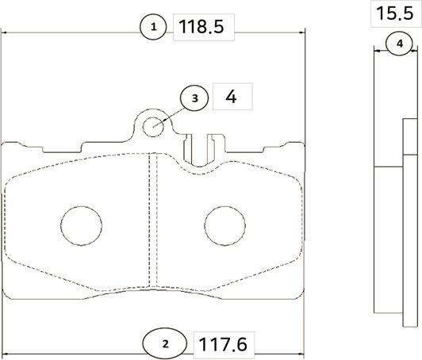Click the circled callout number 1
pyautogui.click(x=154, y=28)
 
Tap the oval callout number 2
pyautogui.click(x=165, y=343)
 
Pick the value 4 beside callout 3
pyautogui.click(x=232, y=98)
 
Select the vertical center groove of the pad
pyautogui.click(x=153, y=222)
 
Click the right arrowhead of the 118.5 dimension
pyautogui.click(x=302, y=33)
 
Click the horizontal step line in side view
pyautogui.click(x=389, y=167)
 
